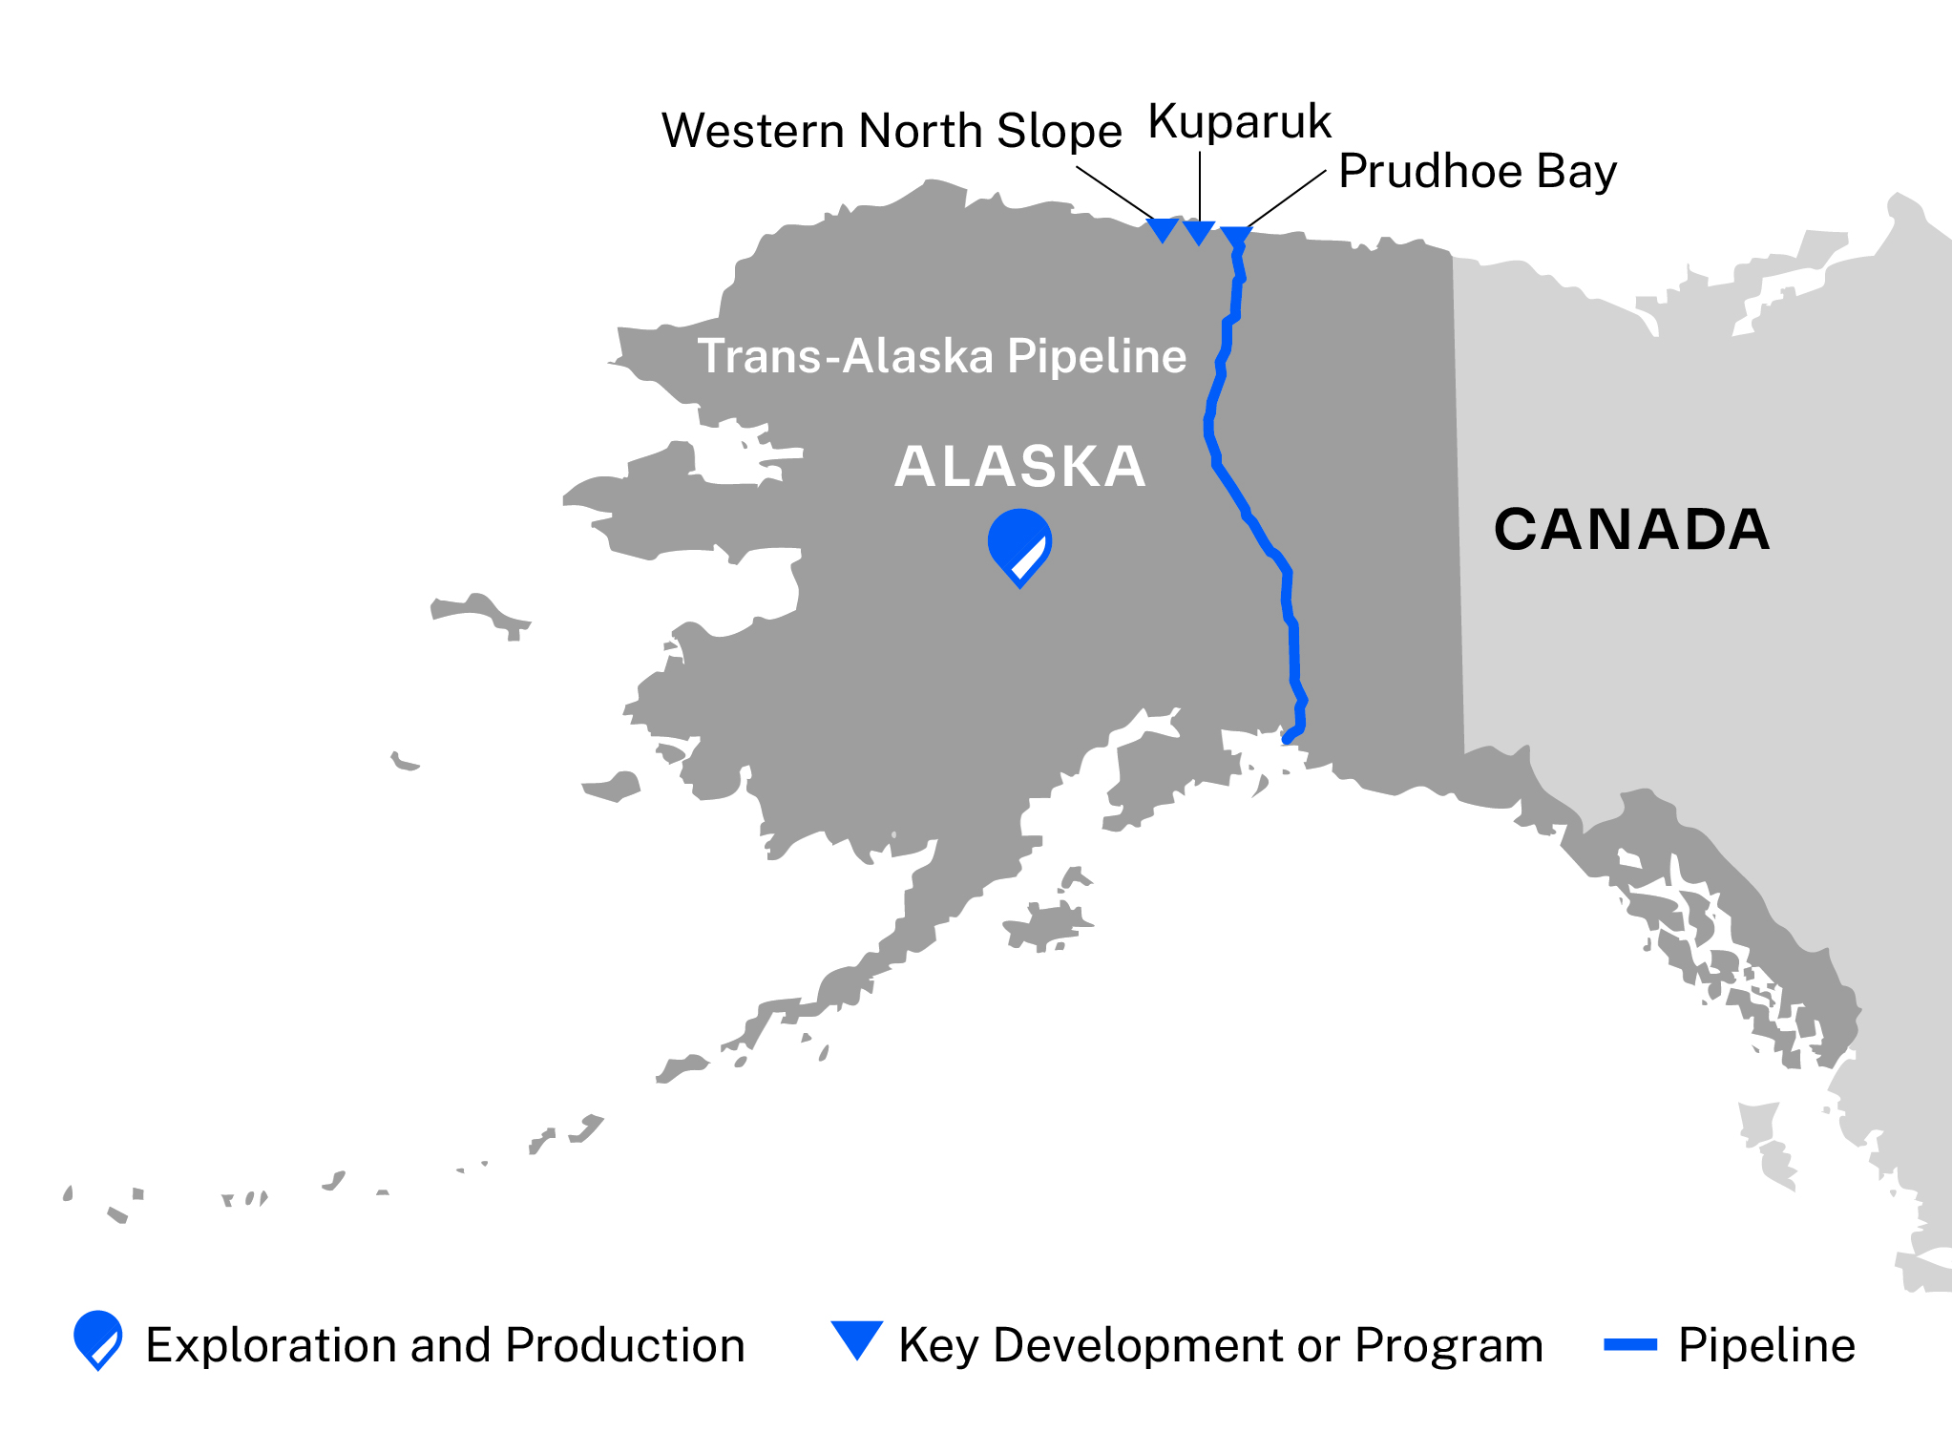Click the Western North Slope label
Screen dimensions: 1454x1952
(x=891, y=131)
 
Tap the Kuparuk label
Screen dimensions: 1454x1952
(x=1239, y=121)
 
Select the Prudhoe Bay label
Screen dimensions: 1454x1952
(x=1477, y=172)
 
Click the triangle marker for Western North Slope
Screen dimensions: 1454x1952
(x=1163, y=229)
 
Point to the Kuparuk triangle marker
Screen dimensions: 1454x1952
(x=1199, y=231)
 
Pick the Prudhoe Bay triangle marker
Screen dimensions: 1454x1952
(x=1236, y=236)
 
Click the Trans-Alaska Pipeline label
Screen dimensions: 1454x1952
(x=941, y=356)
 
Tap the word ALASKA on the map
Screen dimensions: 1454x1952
(x=1019, y=467)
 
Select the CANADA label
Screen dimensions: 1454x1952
(x=1631, y=529)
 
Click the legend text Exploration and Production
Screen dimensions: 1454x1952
(x=445, y=1345)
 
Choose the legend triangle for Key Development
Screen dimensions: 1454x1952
(x=856, y=1338)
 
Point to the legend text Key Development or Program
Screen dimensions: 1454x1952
(x=1221, y=1345)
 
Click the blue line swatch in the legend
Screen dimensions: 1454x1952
(x=1629, y=1345)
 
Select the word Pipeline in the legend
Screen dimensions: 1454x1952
(x=1767, y=1345)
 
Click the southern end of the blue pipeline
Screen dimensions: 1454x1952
(x=1288, y=738)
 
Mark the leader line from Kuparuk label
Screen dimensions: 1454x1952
(x=1200, y=186)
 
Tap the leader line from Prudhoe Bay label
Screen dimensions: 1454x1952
(x=1287, y=199)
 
